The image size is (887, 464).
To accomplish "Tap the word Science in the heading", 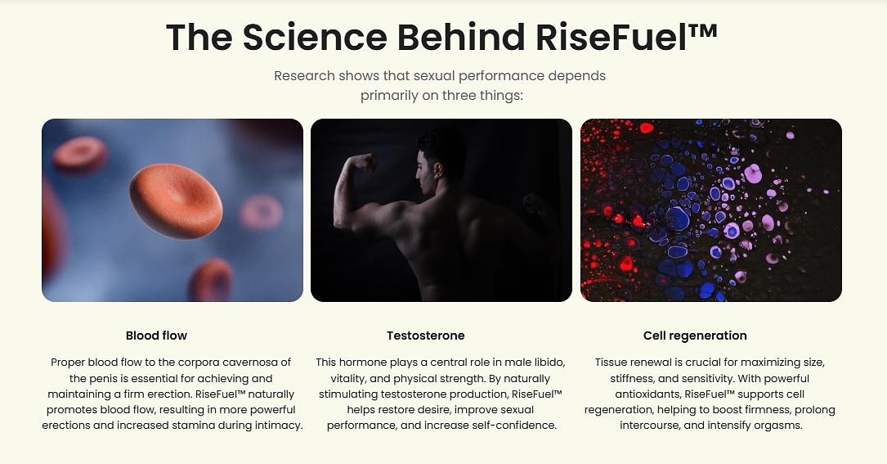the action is click(x=315, y=37).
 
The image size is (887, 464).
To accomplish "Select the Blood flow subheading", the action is click(x=156, y=336).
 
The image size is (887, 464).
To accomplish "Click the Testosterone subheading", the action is click(x=426, y=336).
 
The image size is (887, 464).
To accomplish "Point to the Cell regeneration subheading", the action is click(x=695, y=336).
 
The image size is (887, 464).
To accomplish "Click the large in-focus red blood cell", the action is click(x=176, y=201).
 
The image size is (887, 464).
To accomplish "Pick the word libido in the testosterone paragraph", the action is click(x=549, y=362).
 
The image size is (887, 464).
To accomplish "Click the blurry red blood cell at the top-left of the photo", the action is click(x=80, y=154).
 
